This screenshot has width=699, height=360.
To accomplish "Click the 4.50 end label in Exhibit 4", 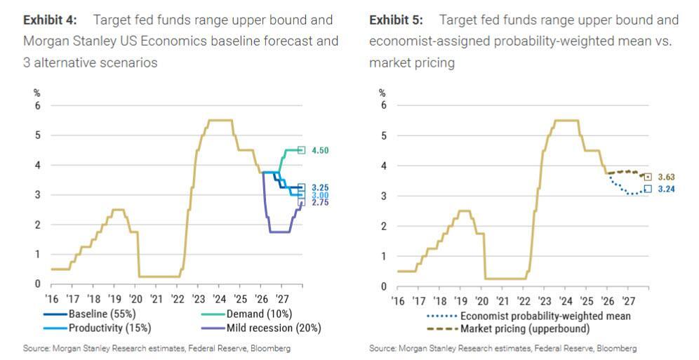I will pyautogui.click(x=321, y=150).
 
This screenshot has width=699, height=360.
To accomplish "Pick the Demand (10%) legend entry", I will pyautogui.click(x=259, y=314).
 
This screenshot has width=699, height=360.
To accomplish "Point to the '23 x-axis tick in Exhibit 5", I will pyautogui.click(x=545, y=301).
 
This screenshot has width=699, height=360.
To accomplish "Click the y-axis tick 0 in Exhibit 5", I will pyautogui.click(x=382, y=287).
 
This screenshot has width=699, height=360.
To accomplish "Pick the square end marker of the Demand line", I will pyautogui.click(x=302, y=149).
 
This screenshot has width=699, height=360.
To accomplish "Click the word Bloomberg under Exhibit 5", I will pyautogui.click(x=618, y=349).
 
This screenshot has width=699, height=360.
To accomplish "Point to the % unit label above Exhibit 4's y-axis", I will pyautogui.click(x=38, y=91).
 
